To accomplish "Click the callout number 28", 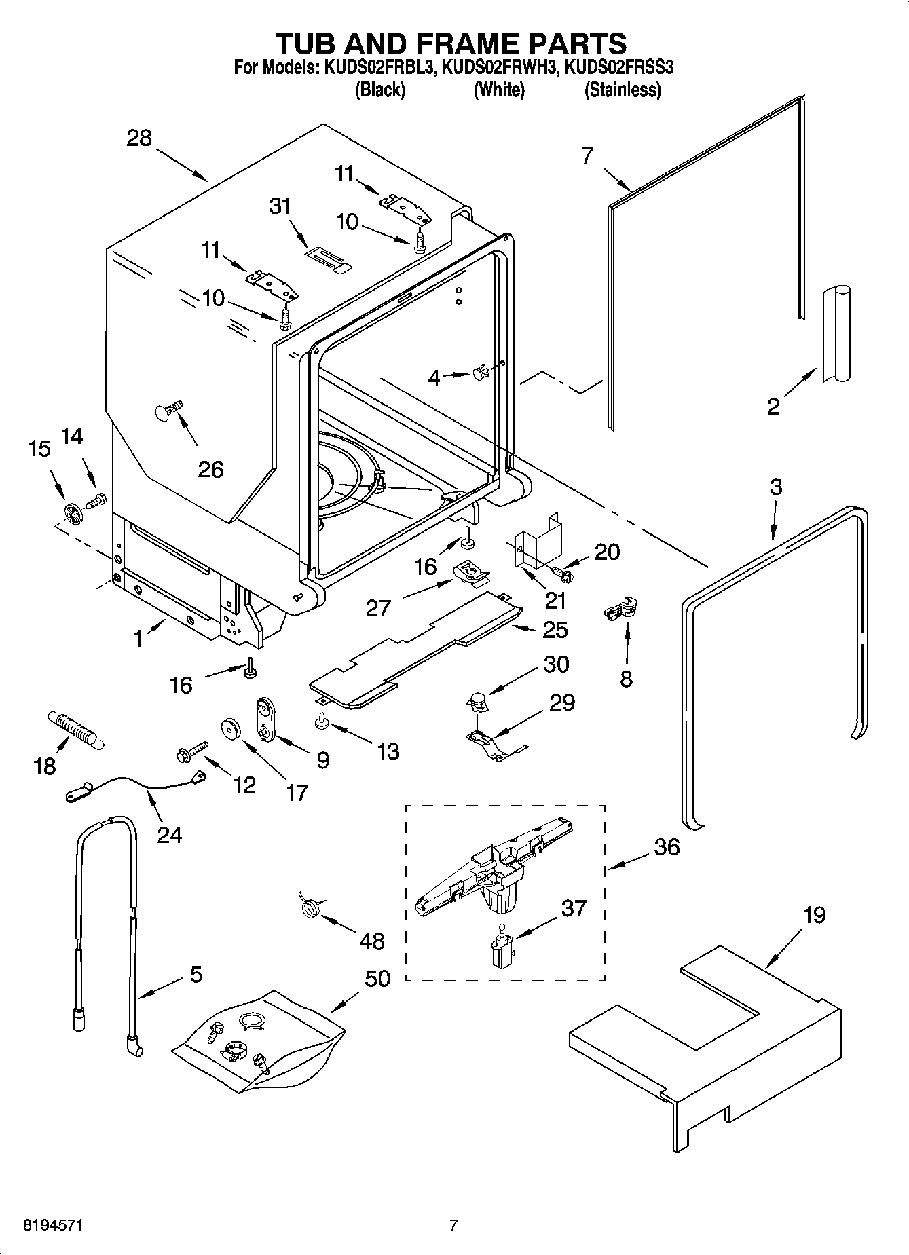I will click(138, 138).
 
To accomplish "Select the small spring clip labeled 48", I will click(310, 906).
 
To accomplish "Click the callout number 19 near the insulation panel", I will click(814, 915).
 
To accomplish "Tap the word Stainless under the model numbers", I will click(623, 90).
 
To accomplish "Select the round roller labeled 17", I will click(231, 730).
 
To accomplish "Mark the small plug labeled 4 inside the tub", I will click(479, 372).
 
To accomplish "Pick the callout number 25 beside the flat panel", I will click(555, 629).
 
